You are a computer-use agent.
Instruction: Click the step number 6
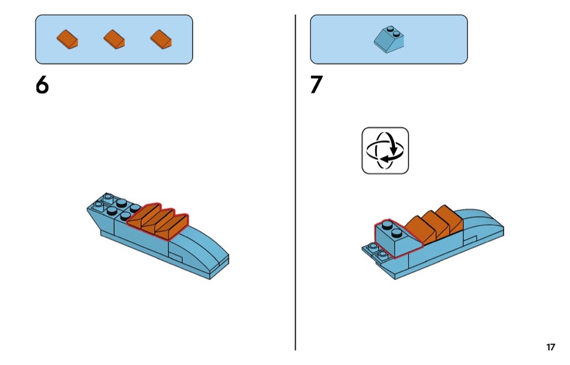click(x=42, y=85)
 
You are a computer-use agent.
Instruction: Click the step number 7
click(x=316, y=85)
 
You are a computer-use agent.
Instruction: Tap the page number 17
click(x=550, y=347)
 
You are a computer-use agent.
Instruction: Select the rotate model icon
click(x=385, y=151)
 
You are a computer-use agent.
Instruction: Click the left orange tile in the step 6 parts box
click(x=67, y=39)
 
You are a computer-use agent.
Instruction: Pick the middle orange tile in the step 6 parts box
click(x=115, y=39)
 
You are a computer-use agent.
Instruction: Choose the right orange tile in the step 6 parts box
click(x=161, y=39)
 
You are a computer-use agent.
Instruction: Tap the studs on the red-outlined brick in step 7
click(x=392, y=231)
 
